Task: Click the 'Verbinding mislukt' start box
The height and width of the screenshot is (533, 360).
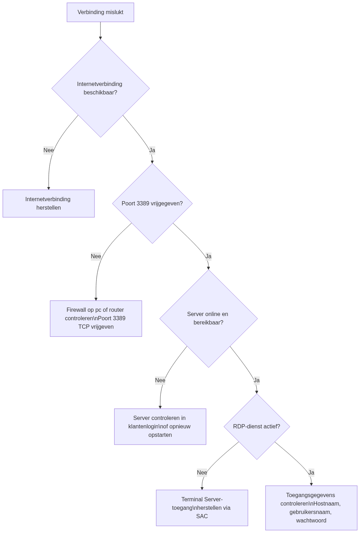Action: coord(100,12)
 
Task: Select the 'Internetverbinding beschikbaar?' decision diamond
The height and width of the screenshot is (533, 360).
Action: coord(100,88)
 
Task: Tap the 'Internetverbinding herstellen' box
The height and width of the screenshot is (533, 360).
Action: coord(49,204)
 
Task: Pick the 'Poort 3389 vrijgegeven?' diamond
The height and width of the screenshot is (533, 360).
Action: coord(152,204)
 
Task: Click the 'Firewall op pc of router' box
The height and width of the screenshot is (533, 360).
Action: coord(96,318)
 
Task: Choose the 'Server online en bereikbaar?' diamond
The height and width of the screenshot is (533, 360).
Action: coord(208,318)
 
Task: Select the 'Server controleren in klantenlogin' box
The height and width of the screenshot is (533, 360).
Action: coord(160,427)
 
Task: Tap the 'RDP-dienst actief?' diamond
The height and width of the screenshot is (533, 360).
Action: coord(257,427)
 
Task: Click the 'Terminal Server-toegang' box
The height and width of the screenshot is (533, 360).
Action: coord(202,508)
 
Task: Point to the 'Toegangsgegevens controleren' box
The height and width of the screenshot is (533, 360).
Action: coord(311,508)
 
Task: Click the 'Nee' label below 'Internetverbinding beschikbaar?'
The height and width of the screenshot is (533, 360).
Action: coord(49,150)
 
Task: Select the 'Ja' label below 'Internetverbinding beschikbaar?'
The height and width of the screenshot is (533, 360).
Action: coord(152,150)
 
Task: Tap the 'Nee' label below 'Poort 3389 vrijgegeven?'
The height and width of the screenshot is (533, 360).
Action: coord(96,256)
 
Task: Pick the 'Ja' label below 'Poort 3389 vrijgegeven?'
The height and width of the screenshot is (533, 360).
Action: coord(208,256)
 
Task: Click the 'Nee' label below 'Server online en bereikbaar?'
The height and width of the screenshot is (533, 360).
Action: coord(160,380)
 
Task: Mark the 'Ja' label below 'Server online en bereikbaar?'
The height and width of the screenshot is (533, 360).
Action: coord(257,380)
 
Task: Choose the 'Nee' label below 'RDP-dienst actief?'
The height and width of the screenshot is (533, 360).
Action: coord(202,473)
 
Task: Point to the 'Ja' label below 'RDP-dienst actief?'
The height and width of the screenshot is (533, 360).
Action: coord(311,473)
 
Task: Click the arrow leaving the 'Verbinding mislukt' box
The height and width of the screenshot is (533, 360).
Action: coord(100,31)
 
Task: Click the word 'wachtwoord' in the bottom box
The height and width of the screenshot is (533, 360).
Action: coord(311,521)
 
